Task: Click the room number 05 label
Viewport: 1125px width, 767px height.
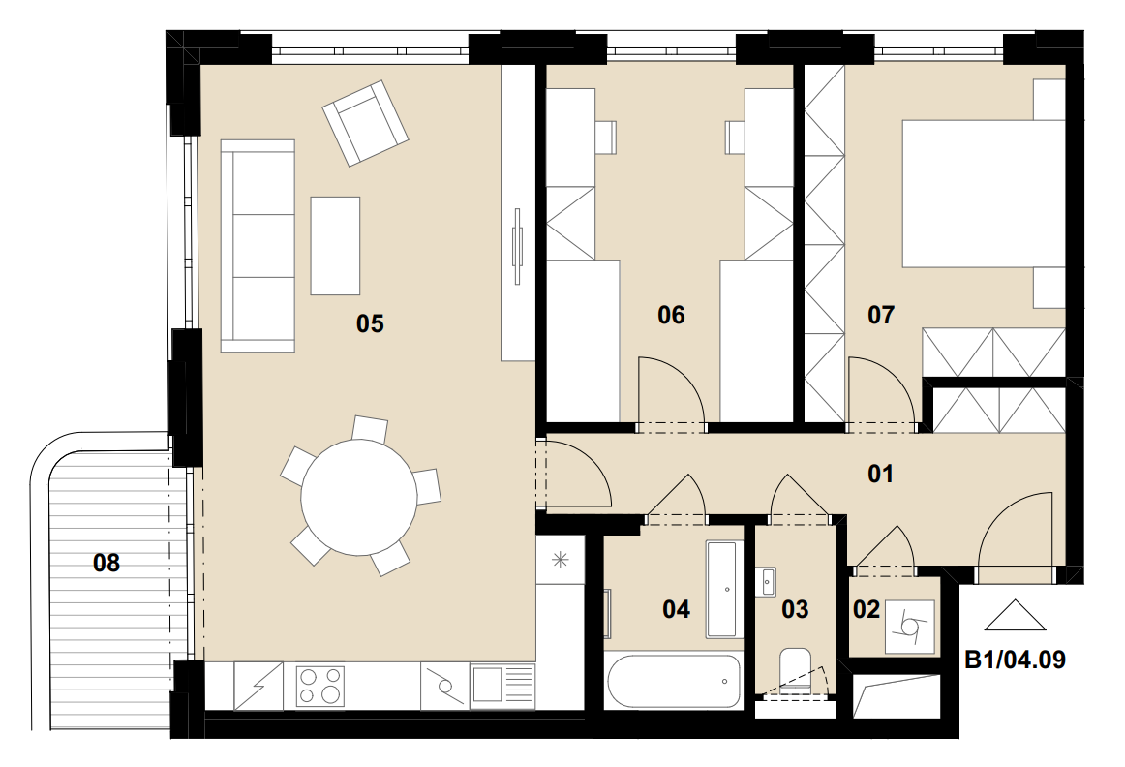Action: pyautogui.click(x=370, y=323)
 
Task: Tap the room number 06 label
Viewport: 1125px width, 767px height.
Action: pyautogui.click(x=671, y=315)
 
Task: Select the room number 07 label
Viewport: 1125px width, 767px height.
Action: pyautogui.click(x=881, y=315)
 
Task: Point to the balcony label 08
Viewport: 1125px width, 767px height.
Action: pyautogui.click(x=106, y=563)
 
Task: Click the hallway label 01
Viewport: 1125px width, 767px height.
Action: pyautogui.click(x=880, y=474)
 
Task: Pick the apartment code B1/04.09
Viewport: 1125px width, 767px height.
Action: pyautogui.click(x=1016, y=660)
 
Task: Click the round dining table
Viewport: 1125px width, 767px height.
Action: pyautogui.click(x=359, y=497)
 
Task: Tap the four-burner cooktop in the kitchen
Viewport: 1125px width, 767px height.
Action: pyautogui.click(x=320, y=686)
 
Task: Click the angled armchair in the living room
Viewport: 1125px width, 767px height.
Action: pyautogui.click(x=365, y=123)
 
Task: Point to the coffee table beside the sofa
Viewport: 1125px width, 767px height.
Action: pyautogui.click(x=335, y=246)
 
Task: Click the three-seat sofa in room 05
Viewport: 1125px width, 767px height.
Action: pyautogui.click(x=258, y=246)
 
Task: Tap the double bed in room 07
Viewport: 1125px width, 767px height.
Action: pyautogui.click(x=983, y=194)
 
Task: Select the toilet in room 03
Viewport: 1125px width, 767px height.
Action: pyautogui.click(x=795, y=668)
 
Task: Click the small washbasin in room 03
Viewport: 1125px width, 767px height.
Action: pyautogui.click(x=767, y=581)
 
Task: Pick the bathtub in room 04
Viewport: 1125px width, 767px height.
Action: pyautogui.click(x=673, y=681)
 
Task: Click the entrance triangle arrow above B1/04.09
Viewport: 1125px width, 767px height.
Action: pyautogui.click(x=1015, y=616)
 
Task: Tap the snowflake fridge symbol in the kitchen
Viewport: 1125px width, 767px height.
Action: pyautogui.click(x=560, y=560)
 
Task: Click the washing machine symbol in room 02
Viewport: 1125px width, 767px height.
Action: pyautogui.click(x=910, y=628)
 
